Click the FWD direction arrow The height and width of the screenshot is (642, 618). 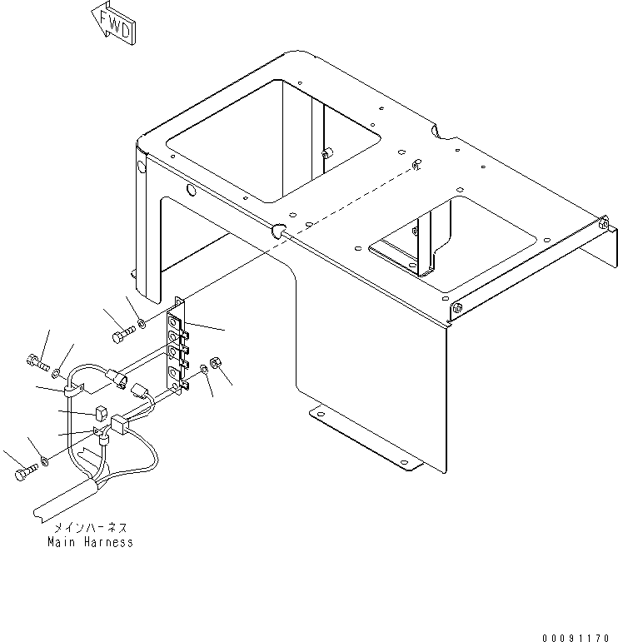point(113,24)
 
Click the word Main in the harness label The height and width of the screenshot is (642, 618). point(62,542)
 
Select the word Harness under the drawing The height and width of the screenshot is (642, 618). point(109,542)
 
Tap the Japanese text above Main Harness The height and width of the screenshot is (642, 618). point(91,527)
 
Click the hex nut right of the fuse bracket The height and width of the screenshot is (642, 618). point(214,362)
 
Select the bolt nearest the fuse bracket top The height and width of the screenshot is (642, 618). point(123,333)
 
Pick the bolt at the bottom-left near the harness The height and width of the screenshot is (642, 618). point(26,471)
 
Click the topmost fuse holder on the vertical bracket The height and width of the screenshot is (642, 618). point(175,322)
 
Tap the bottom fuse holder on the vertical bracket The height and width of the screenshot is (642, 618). point(175,372)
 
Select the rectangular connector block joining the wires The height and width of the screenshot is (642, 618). point(119,423)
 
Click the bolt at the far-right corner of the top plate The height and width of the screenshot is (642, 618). point(603,223)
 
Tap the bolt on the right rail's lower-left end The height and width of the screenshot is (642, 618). point(457,308)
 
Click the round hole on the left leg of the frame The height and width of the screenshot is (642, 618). point(141,167)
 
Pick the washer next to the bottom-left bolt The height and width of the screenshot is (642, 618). point(45,461)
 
